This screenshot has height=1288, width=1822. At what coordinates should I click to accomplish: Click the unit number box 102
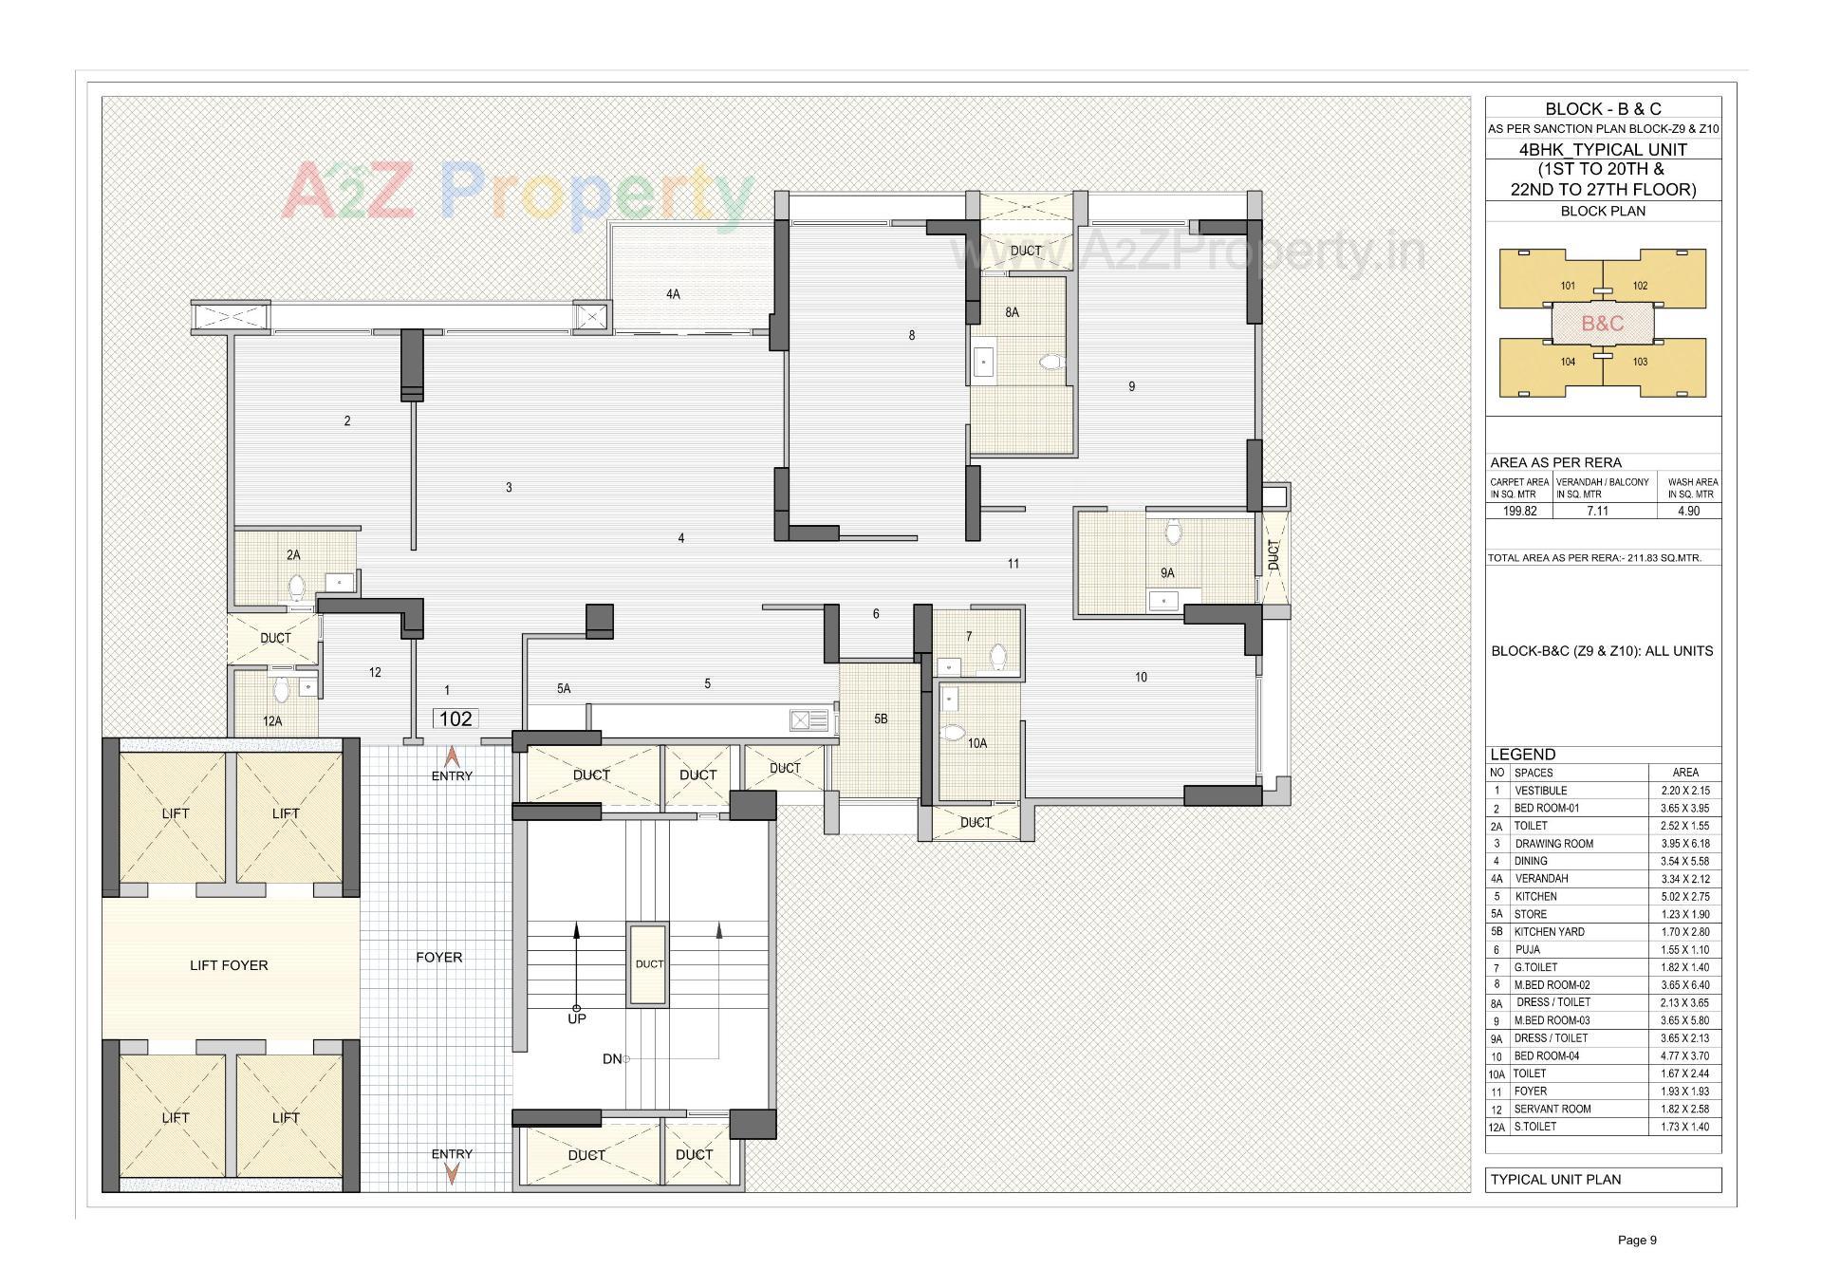[x=455, y=719]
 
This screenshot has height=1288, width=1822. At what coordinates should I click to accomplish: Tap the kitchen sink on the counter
[x=808, y=721]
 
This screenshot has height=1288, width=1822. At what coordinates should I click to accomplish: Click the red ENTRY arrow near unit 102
[x=453, y=757]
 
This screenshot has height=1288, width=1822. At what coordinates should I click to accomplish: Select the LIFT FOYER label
[x=229, y=965]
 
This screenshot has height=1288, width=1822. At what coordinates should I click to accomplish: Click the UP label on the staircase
[x=577, y=1018]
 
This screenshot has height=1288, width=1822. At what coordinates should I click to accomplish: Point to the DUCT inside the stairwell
[x=649, y=963]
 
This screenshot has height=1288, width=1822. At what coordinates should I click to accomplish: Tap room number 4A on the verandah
[x=673, y=294]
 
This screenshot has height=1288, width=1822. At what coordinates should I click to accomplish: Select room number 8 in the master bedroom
[x=912, y=335]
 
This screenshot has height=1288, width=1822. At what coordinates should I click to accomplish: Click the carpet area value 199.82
[x=1519, y=511]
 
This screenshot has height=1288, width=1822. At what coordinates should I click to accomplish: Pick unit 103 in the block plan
[x=1640, y=362]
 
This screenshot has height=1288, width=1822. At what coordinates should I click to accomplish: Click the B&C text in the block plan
[x=1603, y=323]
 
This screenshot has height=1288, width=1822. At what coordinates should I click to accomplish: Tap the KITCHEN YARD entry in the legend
[x=1549, y=932]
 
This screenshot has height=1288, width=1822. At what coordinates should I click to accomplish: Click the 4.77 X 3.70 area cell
[x=1685, y=1056]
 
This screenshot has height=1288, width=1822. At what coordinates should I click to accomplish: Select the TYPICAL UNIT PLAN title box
[x=1603, y=1180]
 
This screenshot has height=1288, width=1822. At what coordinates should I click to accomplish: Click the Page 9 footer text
[x=1637, y=1240]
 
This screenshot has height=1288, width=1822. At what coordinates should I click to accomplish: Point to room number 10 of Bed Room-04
[x=1141, y=677]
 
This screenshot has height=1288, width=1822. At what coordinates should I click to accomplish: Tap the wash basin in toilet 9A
[x=1163, y=600]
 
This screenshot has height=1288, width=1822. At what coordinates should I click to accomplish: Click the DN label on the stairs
[x=612, y=1058]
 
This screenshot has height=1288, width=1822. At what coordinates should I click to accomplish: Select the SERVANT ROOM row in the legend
[x=1552, y=1109]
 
